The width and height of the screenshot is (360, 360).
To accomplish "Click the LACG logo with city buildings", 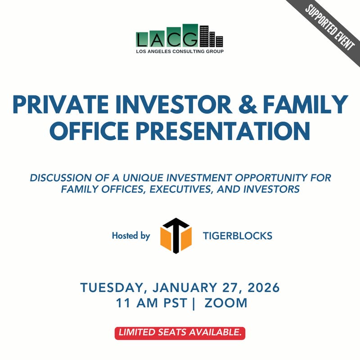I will tap(180, 36).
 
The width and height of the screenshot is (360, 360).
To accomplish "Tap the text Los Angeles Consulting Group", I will tap(180, 51).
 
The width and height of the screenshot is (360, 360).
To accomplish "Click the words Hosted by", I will tap(131, 236).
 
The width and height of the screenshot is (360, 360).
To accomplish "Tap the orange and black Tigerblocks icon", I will tap(176, 235).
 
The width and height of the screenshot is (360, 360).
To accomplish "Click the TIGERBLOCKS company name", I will tap(237, 236).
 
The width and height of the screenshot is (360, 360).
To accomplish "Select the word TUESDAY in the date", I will tap(114, 288).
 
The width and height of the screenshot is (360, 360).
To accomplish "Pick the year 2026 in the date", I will tap(259, 288).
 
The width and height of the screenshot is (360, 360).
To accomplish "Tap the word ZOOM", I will tap(226, 303).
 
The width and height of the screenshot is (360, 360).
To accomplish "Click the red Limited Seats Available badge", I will tap(180, 333).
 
